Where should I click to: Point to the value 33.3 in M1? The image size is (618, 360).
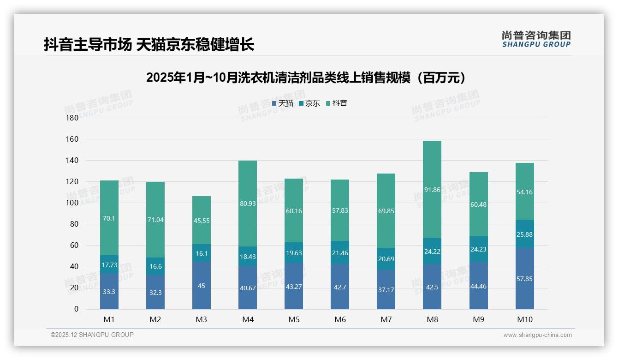(109, 292)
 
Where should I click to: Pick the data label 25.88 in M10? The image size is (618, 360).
(525, 234)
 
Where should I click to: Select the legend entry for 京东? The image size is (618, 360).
(309, 103)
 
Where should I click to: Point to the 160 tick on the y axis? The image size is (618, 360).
(73, 139)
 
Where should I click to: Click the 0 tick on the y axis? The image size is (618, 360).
(76, 309)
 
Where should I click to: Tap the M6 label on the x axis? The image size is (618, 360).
(340, 319)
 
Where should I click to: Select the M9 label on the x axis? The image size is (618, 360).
(478, 319)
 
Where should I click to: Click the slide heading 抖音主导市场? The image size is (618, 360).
(149, 45)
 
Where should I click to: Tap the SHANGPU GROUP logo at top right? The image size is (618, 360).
(536, 39)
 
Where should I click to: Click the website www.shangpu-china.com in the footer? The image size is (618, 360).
(537, 335)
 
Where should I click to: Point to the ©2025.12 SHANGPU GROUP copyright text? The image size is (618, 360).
(92, 335)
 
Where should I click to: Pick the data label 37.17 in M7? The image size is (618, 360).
(386, 289)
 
